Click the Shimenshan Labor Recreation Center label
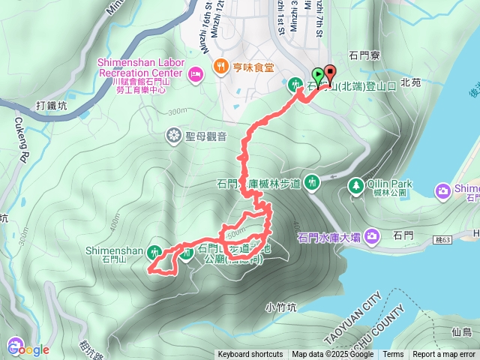139,68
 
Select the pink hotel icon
196,73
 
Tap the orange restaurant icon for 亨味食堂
220,65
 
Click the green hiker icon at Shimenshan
155,251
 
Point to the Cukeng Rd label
20,149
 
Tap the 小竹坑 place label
281,307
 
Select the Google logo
28,349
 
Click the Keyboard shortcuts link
250,355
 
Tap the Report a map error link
443,355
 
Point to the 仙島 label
462,331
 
